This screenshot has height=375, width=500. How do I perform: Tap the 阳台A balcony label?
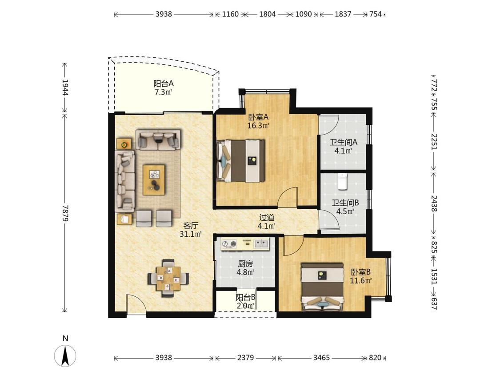(164, 84)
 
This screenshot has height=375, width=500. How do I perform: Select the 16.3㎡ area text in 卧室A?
(258, 126)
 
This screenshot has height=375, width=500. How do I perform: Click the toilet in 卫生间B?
(342, 181)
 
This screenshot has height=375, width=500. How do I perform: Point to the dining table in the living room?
(168, 279)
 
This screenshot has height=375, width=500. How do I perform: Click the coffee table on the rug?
(154, 180)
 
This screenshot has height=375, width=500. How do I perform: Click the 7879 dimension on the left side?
(65, 213)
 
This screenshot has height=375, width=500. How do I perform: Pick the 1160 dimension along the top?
(230, 14)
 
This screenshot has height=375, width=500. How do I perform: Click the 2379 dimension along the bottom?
(245, 358)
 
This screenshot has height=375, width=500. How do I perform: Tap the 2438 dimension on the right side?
(434, 203)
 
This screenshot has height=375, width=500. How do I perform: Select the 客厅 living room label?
(190, 226)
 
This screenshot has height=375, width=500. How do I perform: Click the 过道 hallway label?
(267, 217)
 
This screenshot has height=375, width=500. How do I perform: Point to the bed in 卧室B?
(323, 286)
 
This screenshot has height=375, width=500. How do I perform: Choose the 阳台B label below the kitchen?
(245, 297)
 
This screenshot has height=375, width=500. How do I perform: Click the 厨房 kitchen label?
(245, 264)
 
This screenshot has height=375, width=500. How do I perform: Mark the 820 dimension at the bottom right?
(375, 358)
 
